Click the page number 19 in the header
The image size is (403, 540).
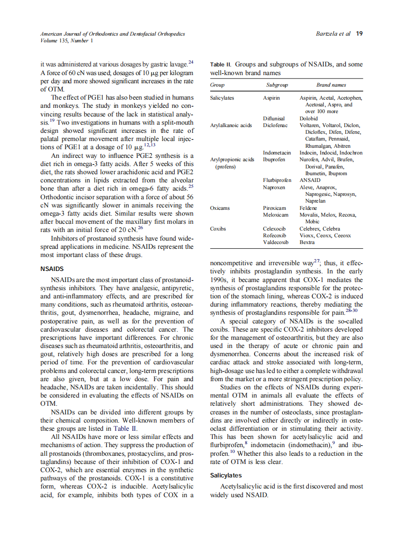coord(359,34)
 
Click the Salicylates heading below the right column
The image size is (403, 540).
coord(226,475)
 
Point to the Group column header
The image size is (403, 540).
coord(218,85)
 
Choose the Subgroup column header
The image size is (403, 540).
coord(277,85)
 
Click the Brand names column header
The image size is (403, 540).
coord(331,85)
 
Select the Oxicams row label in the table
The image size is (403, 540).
coord(220,208)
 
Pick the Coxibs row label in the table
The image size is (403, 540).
coord(218,229)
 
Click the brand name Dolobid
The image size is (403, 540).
coord(308,118)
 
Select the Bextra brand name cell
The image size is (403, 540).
coord(307,242)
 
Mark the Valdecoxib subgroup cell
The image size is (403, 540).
coord(276,242)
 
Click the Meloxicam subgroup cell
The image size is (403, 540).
coord(276,215)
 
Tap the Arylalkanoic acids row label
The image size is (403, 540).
coord(231,125)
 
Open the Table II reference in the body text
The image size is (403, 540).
coord(125,428)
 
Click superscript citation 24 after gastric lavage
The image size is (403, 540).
coord(191,62)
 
